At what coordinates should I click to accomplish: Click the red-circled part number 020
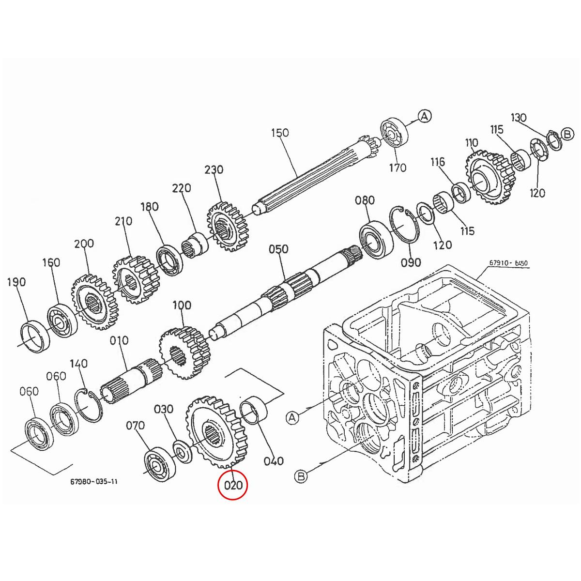pos(232,485)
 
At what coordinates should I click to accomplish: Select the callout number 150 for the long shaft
pos(279,133)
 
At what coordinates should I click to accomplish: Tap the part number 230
pos(214,170)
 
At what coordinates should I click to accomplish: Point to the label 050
pos(278,249)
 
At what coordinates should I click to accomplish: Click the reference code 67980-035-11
pos(93,482)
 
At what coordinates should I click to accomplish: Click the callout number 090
pos(411,262)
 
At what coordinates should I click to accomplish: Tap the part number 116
pos(438,162)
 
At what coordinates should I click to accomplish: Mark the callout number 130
pos(519,118)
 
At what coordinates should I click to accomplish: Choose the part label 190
pos(16,282)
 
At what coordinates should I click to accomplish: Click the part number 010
pos(119,341)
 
